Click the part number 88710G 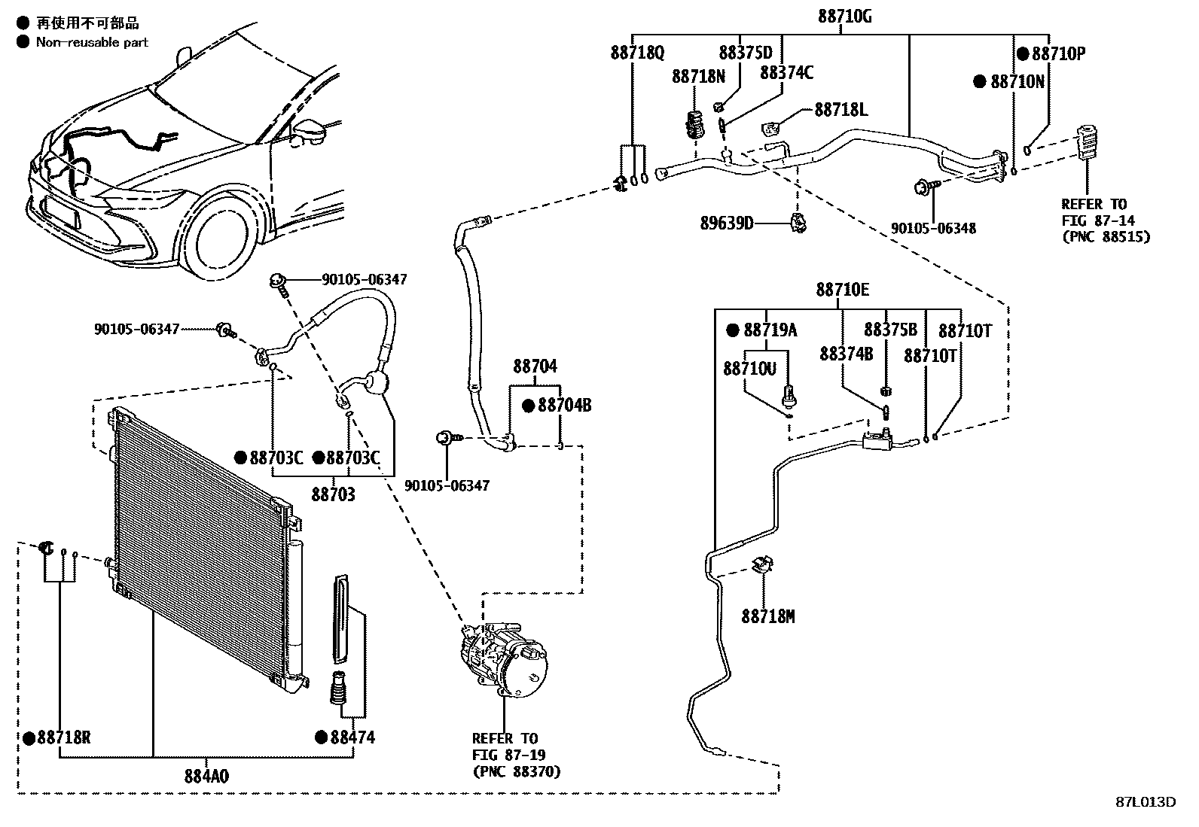tap(845, 17)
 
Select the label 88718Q tap(637, 53)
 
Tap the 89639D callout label tap(727, 223)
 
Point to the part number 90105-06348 tap(933, 227)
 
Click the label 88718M tap(767, 617)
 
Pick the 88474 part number tap(352, 737)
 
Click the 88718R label tap(64, 737)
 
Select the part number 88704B tap(564, 406)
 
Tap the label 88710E tap(842, 290)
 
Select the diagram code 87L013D tap(1145, 801)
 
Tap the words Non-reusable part tap(92, 42)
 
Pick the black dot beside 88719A tap(732, 330)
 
